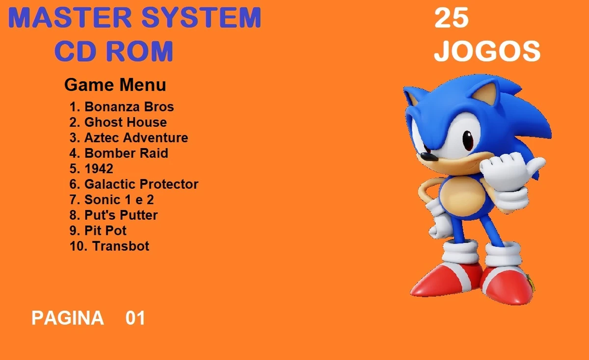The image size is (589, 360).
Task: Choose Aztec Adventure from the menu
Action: (129, 138)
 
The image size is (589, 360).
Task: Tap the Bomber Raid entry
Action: (119, 154)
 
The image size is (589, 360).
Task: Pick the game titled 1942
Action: (91, 169)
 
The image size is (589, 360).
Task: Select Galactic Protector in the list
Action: (134, 184)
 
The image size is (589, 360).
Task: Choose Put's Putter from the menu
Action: (113, 215)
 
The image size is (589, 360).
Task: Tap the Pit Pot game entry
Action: (98, 231)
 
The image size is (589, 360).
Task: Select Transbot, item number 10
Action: (109, 246)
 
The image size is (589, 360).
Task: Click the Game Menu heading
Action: (115, 85)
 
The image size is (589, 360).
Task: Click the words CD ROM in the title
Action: (114, 51)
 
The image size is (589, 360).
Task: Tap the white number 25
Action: (452, 19)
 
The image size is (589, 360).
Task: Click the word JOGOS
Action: (487, 51)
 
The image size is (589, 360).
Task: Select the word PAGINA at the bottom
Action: (68, 318)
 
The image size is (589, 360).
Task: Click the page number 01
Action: (135, 318)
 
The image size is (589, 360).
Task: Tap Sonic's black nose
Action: (428, 157)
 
